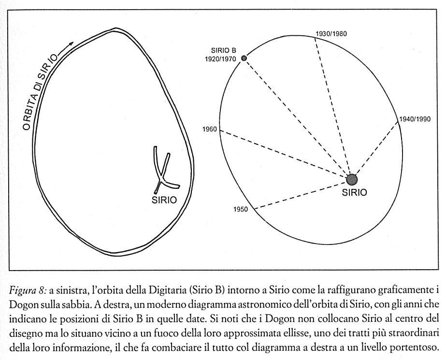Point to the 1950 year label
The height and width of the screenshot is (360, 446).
coord(241,209)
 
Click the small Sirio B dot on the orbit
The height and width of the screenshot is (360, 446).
coord(244,58)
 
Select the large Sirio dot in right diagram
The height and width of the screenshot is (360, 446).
coord(352,179)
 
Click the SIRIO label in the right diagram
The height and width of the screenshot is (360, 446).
coord(354,192)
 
